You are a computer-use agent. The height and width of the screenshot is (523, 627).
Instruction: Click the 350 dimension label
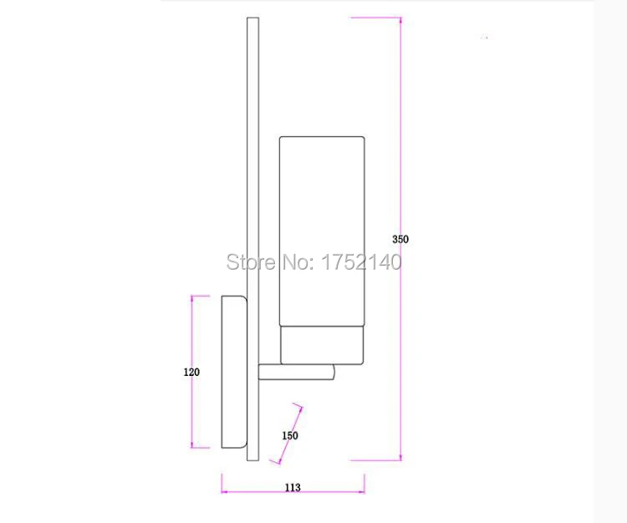pos(400,239)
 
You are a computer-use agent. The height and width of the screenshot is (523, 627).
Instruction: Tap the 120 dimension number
pos(191,372)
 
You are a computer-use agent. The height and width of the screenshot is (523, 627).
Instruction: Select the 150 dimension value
pos(290,435)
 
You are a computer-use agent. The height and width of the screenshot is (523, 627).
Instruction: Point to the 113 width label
pos(293,487)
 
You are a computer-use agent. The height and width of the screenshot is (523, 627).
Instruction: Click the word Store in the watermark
pos(251,262)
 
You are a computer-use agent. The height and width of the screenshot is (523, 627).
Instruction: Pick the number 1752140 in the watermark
pos(361,262)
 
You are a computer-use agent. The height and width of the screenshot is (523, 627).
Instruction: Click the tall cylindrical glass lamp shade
pos(322,231)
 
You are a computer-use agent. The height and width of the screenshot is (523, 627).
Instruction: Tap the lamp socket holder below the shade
pos(322,345)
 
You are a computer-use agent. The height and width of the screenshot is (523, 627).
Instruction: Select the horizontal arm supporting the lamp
pos(296,372)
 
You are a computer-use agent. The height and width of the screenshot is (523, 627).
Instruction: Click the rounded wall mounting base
pos(234,372)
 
